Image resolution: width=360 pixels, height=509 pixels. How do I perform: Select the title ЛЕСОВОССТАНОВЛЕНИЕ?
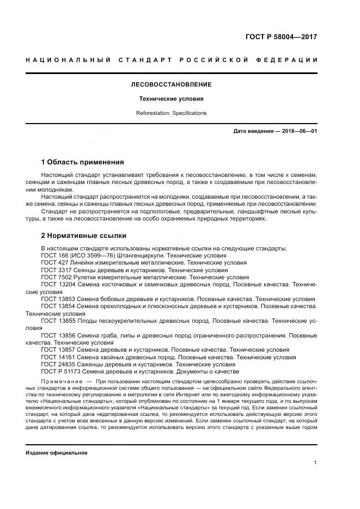[171, 85]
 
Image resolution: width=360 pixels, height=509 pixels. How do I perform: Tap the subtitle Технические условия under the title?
[171, 99]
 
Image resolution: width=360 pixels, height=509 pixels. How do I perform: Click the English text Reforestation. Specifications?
[171, 113]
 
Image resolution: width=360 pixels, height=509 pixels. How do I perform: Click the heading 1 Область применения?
[83, 162]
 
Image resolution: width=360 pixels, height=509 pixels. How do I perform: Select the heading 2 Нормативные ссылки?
[84, 236]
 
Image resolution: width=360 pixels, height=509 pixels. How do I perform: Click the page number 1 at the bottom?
[315, 463]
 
